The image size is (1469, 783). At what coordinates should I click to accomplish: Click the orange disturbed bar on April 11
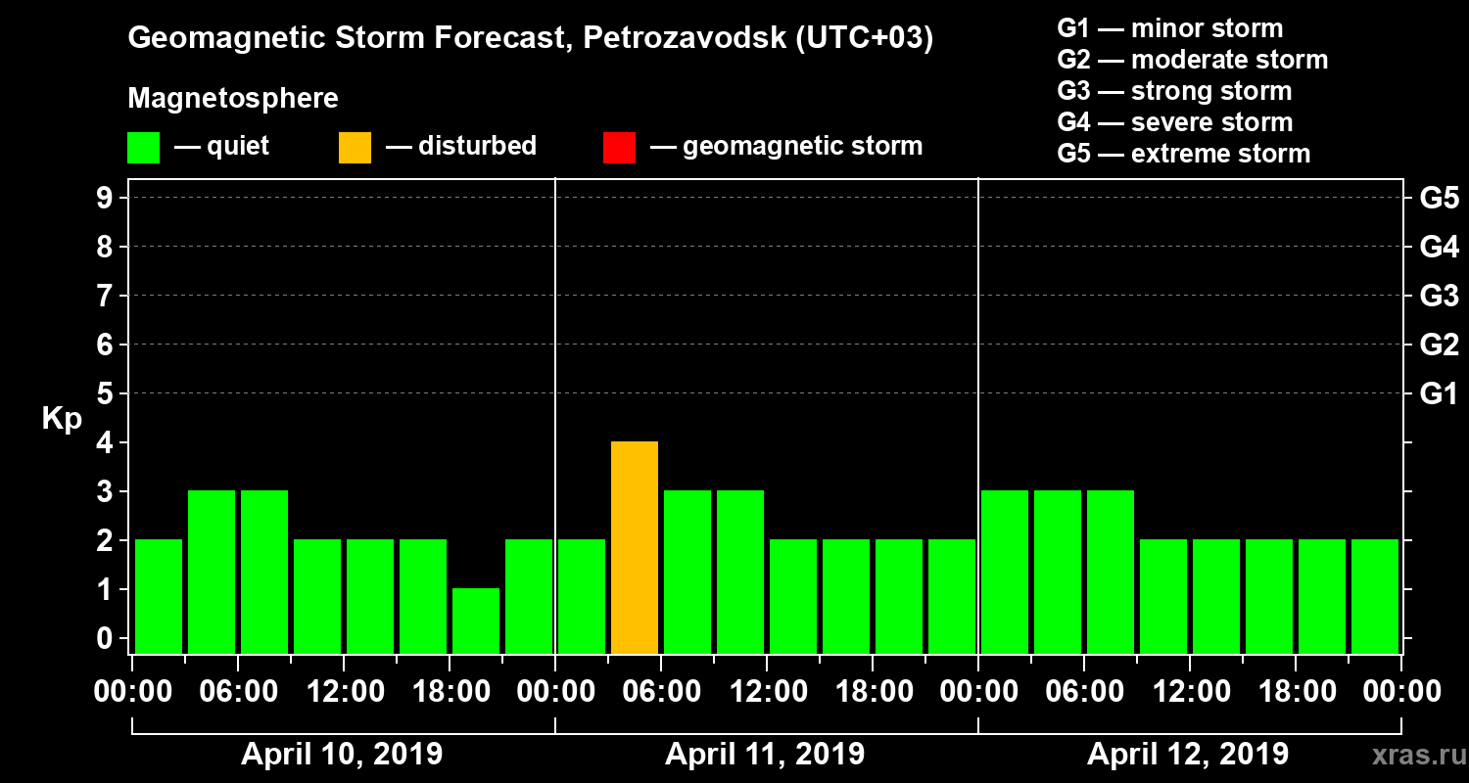coord(635,548)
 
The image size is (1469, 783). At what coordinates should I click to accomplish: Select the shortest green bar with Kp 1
coord(476,621)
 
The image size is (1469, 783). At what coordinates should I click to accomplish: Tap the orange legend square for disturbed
coord(355,148)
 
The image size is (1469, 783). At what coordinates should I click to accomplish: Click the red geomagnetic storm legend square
coord(619,148)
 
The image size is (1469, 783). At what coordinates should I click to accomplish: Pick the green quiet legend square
coord(143,148)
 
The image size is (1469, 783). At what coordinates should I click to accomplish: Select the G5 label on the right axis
coord(1439,198)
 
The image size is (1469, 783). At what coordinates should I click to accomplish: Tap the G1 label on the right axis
coord(1439,393)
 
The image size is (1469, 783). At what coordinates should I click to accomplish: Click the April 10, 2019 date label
coord(342,755)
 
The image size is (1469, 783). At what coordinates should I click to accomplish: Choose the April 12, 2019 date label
coord(1188,755)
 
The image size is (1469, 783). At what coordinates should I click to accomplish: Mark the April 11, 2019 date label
coord(765,755)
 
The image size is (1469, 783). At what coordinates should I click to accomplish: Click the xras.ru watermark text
coord(1409,756)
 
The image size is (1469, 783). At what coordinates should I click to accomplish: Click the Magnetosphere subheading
coord(233,99)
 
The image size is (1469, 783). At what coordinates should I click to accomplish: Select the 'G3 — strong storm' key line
coord(1174,91)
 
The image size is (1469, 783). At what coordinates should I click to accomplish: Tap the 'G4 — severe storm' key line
coord(1175,122)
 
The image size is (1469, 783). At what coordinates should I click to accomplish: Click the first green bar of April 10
coord(159,596)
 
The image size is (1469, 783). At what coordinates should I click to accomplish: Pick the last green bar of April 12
coord(1375,596)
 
